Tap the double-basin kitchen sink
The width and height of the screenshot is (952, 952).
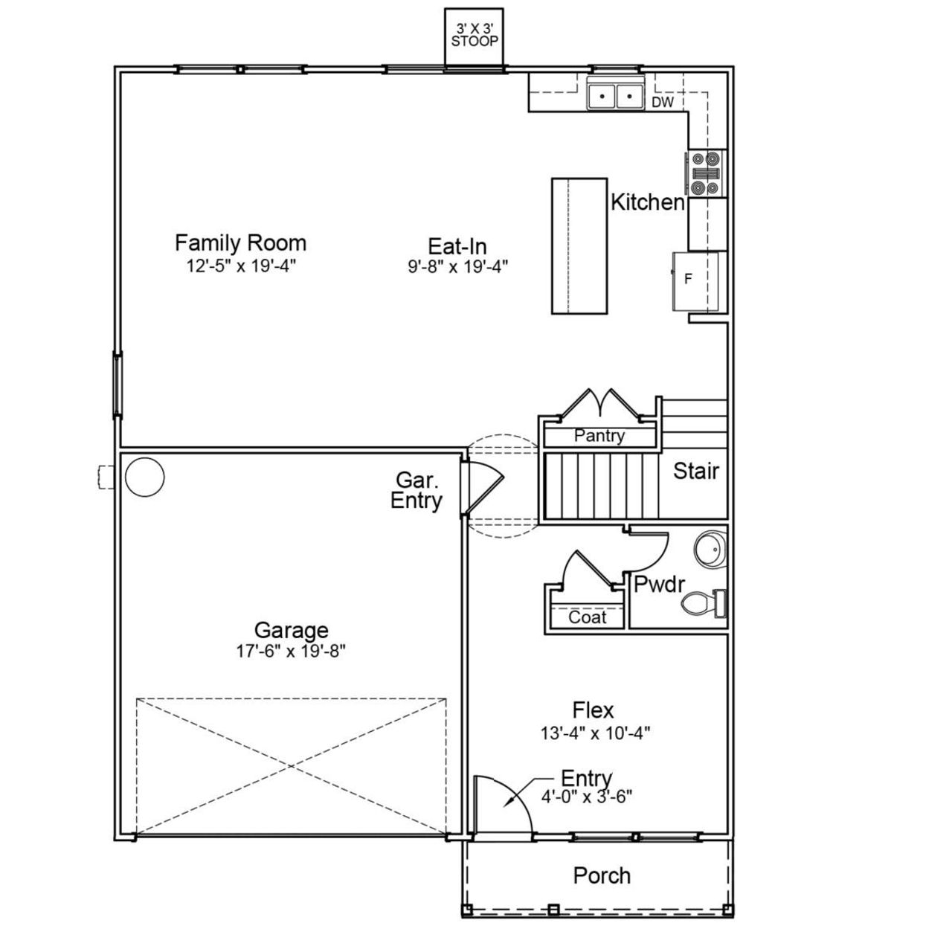[x=615, y=96]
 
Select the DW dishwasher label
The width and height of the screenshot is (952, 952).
[x=662, y=103]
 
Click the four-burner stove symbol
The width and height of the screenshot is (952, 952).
[x=704, y=173]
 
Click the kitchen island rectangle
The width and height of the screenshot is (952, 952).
[x=579, y=245]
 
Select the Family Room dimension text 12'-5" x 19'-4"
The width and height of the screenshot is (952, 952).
[x=241, y=266]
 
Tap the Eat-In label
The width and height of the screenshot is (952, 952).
[x=457, y=245]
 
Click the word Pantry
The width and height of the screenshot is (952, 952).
[x=599, y=437]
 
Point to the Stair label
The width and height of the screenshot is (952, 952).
[x=695, y=471]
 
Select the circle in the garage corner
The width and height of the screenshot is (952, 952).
[x=144, y=477]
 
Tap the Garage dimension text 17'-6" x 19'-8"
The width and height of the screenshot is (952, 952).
[x=291, y=652]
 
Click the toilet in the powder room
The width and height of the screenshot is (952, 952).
[x=703, y=602]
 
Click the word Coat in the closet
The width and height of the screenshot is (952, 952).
[x=587, y=617]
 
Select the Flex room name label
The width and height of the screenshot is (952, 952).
[x=593, y=710]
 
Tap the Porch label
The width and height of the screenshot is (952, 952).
[x=602, y=875]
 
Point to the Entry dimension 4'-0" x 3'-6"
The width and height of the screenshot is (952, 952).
[x=587, y=797]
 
